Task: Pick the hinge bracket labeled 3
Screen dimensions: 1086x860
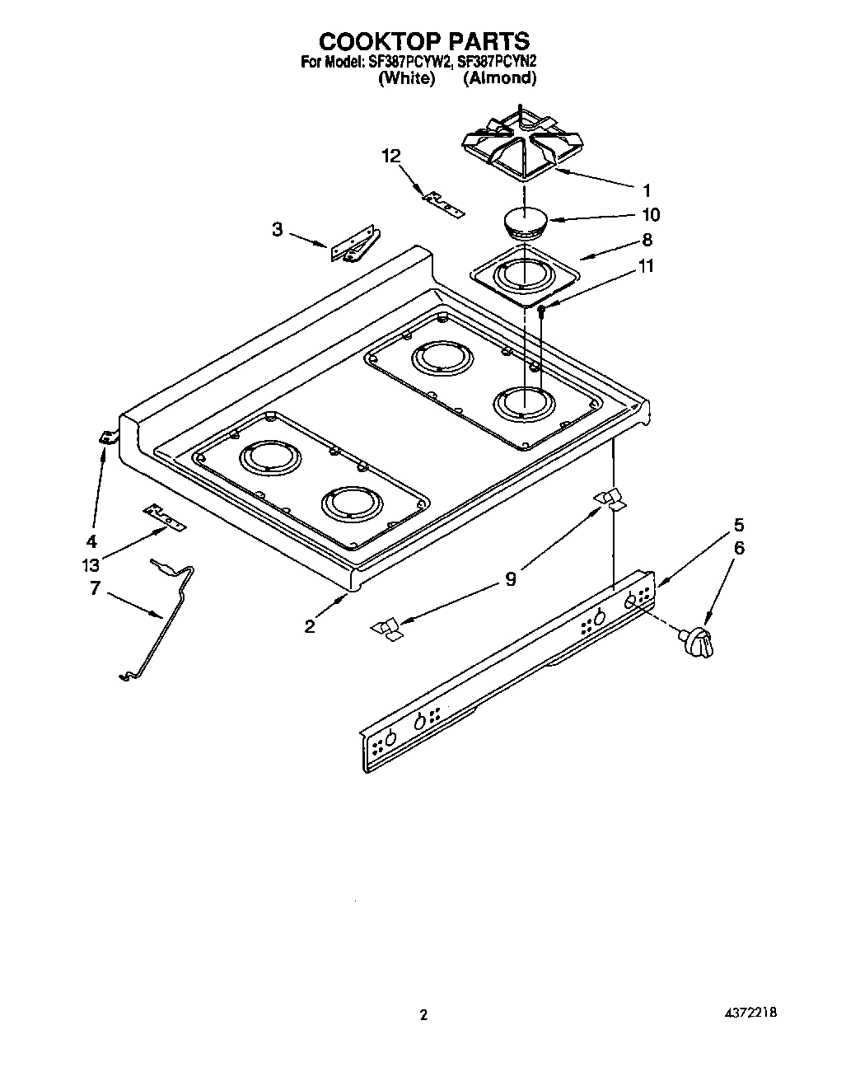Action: click(x=355, y=246)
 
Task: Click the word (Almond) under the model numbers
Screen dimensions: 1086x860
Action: click(x=499, y=78)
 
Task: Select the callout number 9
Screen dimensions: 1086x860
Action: click(x=511, y=579)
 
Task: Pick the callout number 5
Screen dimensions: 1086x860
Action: click(x=739, y=524)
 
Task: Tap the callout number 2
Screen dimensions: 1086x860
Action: click(x=309, y=626)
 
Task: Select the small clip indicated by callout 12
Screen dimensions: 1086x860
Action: click(x=443, y=203)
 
